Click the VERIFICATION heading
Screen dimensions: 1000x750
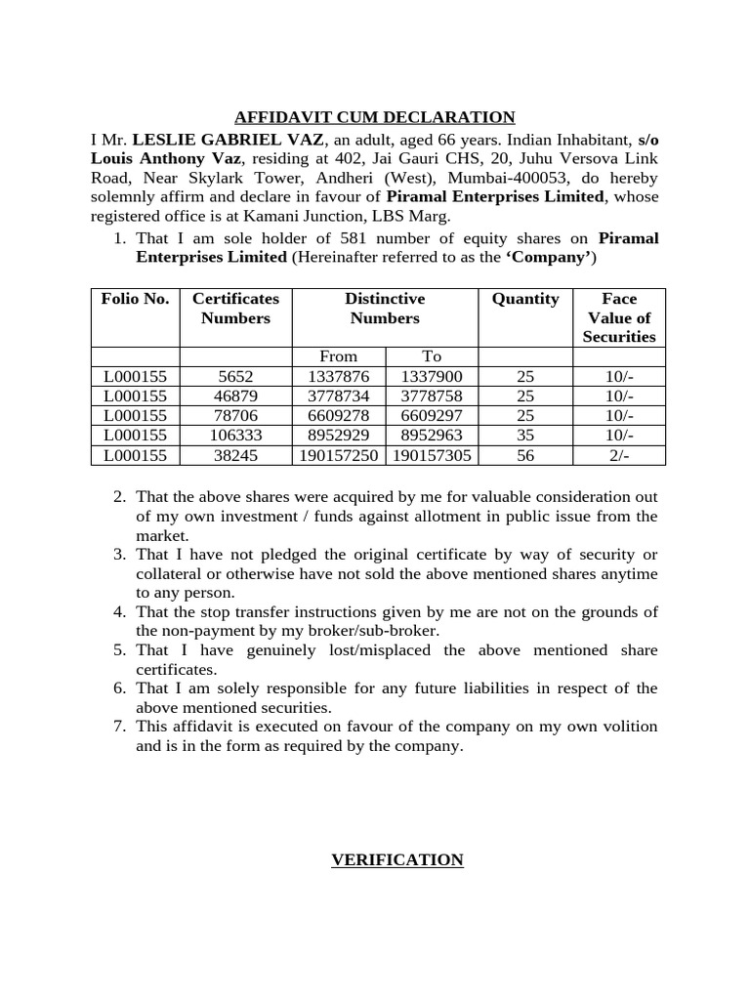tap(396, 859)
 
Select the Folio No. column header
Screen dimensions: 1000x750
tap(135, 299)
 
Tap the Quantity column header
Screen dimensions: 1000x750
tap(525, 299)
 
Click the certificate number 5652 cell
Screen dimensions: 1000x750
tap(235, 377)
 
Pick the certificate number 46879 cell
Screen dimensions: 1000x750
tap(235, 396)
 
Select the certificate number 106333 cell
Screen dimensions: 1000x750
tap(235, 436)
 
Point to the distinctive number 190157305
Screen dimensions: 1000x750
tap(431, 455)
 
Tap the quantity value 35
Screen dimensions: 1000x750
tap(525, 436)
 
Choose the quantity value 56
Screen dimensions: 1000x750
tap(525, 455)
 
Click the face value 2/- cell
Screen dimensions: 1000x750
tap(619, 455)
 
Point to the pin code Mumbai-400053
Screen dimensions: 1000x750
tap(525, 178)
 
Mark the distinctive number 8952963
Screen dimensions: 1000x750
tap(431, 436)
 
